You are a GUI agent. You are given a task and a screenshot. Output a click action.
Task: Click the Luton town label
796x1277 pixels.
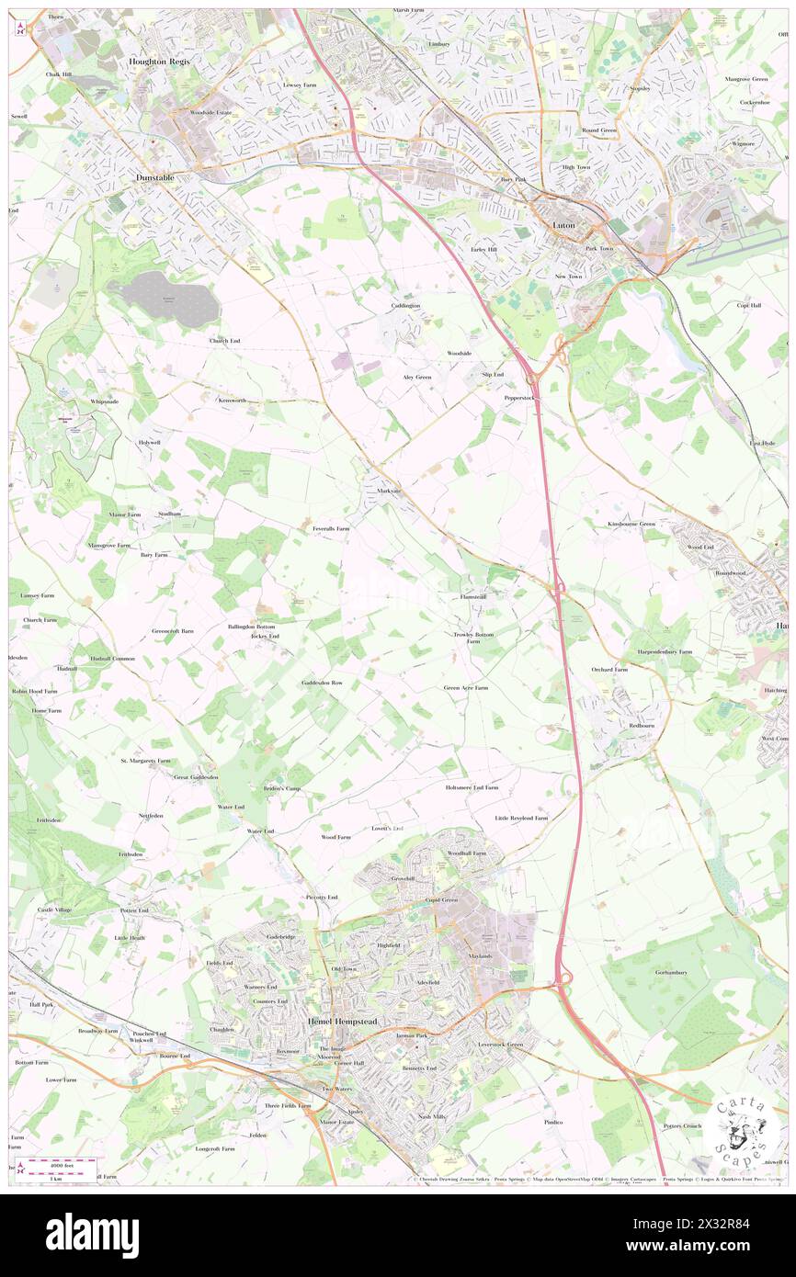(x=563, y=224)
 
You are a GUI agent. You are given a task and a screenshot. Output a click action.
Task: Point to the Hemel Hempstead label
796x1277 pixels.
(x=342, y=1022)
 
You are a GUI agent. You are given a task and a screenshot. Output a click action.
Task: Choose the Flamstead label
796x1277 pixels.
(x=472, y=596)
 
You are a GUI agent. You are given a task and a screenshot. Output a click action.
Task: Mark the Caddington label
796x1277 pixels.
(x=404, y=305)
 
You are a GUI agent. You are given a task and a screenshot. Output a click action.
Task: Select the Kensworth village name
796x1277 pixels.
(x=232, y=401)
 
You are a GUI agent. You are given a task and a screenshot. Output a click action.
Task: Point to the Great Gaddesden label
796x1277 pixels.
(x=196, y=776)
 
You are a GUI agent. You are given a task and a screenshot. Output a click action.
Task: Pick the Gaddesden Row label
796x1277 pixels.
(x=322, y=684)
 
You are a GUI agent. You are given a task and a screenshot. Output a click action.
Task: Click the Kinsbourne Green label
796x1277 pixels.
(x=631, y=524)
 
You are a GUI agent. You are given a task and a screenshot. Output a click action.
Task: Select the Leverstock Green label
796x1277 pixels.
(x=499, y=1045)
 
